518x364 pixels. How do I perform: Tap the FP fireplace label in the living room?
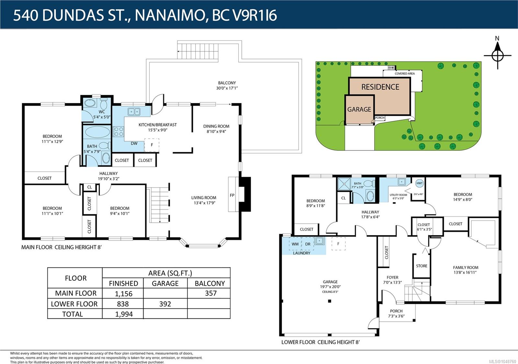pyautogui.click(x=232, y=195)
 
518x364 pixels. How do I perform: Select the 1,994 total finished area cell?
pyautogui.click(x=124, y=314)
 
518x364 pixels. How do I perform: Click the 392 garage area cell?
pyautogui.click(x=165, y=304)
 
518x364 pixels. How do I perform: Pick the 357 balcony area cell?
pyautogui.click(x=211, y=293)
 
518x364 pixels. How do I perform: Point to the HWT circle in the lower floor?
pyautogui.click(x=419, y=183)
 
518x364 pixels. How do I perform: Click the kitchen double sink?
pyautogui.click(x=134, y=112)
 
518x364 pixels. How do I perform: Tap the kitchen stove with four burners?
pyautogui.click(x=118, y=131)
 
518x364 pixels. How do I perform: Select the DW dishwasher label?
pyautogui.click(x=134, y=143)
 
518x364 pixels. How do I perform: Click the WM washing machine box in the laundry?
pyautogui.click(x=295, y=244)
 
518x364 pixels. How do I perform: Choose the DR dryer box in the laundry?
pyautogui.click(x=308, y=244)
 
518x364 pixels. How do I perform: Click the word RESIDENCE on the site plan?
pyautogui.click(x=380, y=87)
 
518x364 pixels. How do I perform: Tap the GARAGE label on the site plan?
pyautogui.click(x=359, y=109)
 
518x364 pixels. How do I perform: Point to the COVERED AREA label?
pyautogui.click(x=405, y=74)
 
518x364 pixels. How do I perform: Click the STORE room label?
pyautogui.click(x=422, y=266)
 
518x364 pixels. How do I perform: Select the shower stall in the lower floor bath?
pyautogui.click(x=344, y=184)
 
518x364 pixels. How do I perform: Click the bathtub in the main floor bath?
pyautogui.click(x=97, y=132)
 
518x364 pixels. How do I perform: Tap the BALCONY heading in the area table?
pyautogui.click(x=210, y=283)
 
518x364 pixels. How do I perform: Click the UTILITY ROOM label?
pyautogui.click(x=398, y=195)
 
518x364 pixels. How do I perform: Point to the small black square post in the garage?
pyautogui.click(x=330, y=301)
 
